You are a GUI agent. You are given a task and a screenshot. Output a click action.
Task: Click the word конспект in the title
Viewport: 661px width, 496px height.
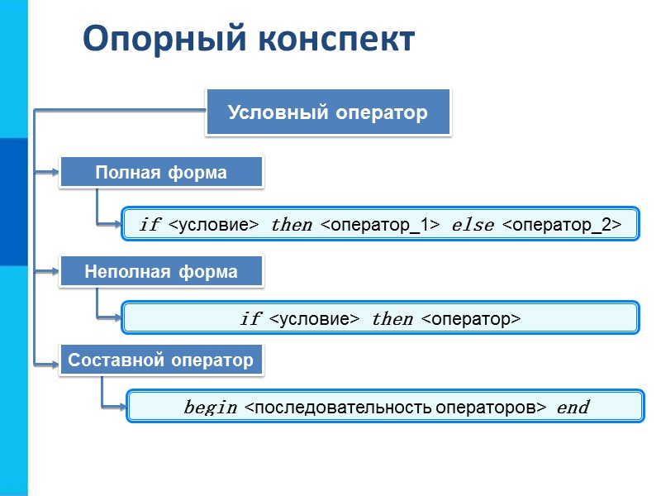point(330,40)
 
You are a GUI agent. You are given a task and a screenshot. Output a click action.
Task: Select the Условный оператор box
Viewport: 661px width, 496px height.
point(327,112)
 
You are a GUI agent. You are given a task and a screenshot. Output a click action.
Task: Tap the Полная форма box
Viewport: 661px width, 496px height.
point(161,173)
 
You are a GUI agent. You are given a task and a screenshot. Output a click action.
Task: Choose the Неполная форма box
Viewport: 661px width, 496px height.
point(161,271)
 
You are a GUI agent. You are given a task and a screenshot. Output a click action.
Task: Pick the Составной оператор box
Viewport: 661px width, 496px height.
point(161,360)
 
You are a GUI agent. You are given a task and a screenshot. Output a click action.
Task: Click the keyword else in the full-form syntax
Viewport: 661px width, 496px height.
point(473,225)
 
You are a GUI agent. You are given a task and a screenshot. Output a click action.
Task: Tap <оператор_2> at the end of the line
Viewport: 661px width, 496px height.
point(562,225)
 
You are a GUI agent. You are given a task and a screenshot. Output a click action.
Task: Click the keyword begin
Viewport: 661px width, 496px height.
point(210,407)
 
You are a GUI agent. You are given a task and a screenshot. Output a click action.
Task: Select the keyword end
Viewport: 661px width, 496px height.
point(573,407)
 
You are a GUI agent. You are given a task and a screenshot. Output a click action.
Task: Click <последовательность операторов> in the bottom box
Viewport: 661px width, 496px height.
point(397,407)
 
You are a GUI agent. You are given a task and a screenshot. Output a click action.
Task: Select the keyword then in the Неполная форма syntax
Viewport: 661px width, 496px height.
point(392,318)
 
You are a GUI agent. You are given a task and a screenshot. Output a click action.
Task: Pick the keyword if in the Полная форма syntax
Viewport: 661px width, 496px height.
point(150,225)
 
